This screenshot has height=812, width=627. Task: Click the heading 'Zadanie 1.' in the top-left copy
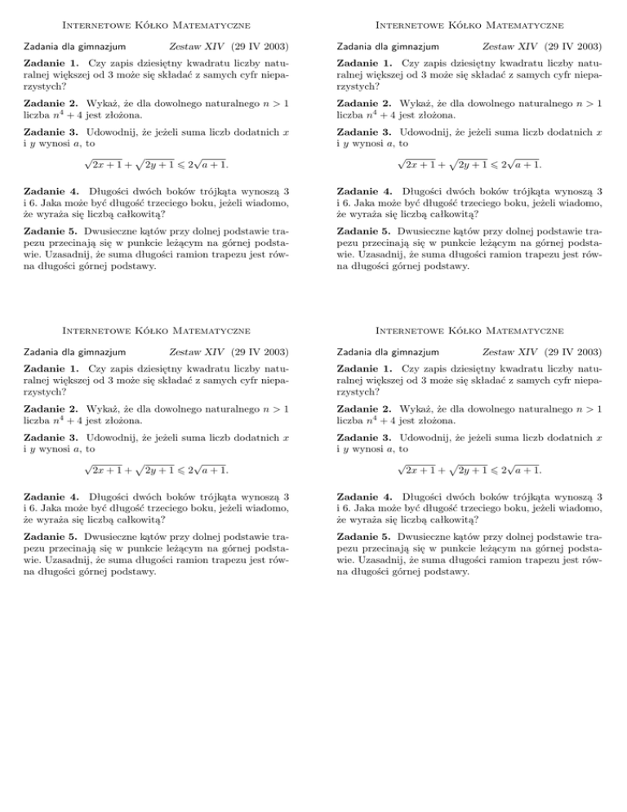pyautogui.click(x=45, y=63)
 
